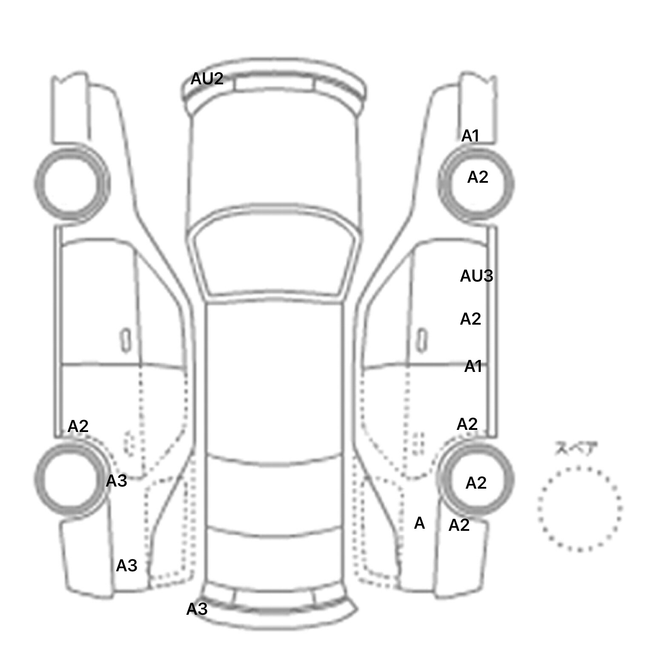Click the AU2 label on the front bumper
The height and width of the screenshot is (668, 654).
(207, 79)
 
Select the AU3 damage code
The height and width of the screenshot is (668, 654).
(476, 276)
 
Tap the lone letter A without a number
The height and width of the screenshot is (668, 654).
(419, 523)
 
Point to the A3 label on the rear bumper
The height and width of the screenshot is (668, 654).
(197, 609)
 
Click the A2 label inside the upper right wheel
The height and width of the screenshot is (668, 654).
(478, 177)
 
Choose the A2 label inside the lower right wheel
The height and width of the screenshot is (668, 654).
(476, 483)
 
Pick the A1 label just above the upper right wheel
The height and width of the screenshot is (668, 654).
(470, 136)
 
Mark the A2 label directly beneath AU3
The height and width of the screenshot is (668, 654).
(470, 319)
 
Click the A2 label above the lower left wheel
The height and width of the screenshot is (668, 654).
(78, 426)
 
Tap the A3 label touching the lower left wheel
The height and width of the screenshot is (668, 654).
(116, 481)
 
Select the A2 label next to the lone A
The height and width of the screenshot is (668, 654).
(459, 525)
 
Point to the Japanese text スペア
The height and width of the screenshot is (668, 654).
(576, 449)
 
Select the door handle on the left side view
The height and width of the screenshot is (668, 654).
(126, 340)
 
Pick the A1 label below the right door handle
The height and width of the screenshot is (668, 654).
(473, 366)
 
